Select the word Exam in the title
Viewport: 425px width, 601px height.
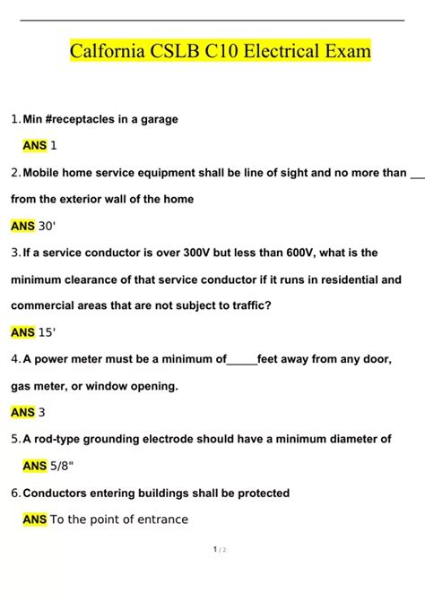(x=349, y=51)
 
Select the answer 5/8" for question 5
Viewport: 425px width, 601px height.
(x=62, y=466)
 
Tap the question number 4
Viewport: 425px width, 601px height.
(x=15, y=359)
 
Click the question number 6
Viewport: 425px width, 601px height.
(x=15, y=493)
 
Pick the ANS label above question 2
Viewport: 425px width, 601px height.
(x=35, y=145)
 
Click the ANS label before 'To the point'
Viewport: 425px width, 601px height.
(x=35, y=519)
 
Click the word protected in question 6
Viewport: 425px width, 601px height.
(x=260, y=493)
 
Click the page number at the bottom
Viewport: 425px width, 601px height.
(x=215, y=574)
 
